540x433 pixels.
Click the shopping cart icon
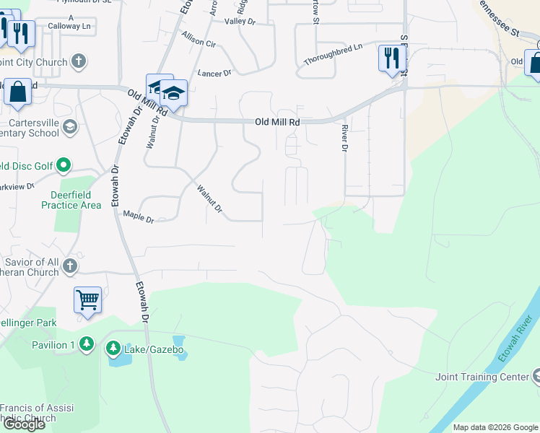click(87, 299)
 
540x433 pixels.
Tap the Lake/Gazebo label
click(154, 350)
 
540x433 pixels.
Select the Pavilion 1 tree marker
click(87, 344)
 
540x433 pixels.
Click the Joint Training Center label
click(482, 377)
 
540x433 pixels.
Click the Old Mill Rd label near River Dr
click(277, 123)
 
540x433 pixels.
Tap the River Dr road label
click(344, 137)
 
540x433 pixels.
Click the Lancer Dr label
click(214, 73)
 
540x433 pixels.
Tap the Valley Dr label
click(240, 22)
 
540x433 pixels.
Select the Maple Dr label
click(139, 216)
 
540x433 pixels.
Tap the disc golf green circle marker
click(64, 166)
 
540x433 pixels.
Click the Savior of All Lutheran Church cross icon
click(70, 266)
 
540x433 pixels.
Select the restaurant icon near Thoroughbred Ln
click(392, 58)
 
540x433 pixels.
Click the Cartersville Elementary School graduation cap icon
click(70, 128)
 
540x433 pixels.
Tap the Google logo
click(24, 424)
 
